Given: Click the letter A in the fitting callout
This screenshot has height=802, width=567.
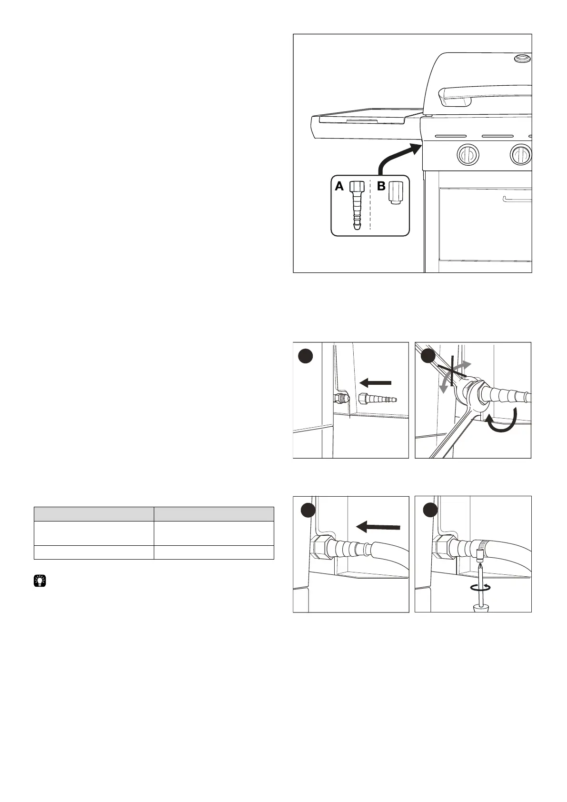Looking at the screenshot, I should (x=339, y=186).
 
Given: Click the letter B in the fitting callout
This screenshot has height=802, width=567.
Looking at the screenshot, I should (x=381, y=186).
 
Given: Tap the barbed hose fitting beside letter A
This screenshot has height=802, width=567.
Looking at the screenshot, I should (x=356, y=205).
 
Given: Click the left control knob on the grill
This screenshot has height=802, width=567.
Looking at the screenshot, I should (x=468, y=154).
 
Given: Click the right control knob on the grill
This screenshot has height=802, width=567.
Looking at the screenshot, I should (x=520, y=154).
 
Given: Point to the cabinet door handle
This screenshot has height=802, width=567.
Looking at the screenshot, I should (x=517, y=200).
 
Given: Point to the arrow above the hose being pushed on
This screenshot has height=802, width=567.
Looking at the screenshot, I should (x=378, y=526).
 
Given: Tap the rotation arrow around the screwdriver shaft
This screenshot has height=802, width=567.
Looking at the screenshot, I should (x=481, y=588).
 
